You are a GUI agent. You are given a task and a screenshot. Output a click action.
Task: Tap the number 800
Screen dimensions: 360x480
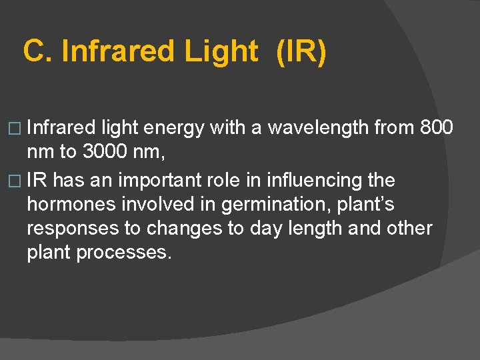coord(437,127)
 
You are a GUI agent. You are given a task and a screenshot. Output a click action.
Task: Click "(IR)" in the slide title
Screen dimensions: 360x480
coord(301,51)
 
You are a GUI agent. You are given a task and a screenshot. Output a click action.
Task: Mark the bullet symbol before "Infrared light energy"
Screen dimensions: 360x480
coord(16,128)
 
